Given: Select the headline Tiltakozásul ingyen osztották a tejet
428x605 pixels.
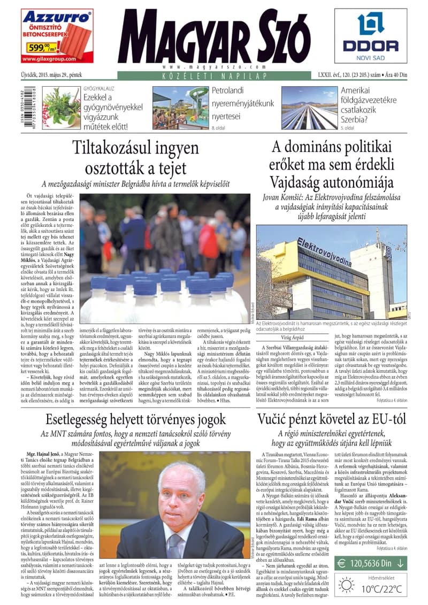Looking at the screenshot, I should coord(135,158).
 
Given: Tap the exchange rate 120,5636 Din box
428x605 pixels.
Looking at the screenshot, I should coord(370,562).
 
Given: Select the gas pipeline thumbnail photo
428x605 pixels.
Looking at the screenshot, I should coord(309,108).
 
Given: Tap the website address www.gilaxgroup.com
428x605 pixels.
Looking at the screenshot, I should coord(49,59).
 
